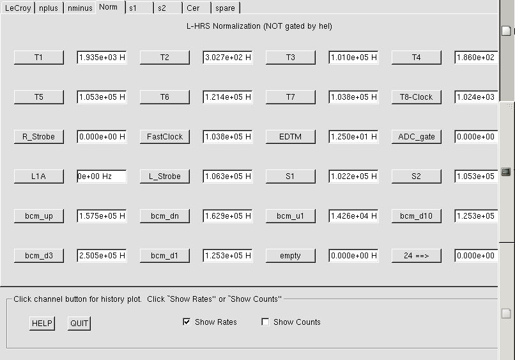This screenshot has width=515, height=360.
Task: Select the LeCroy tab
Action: pos(18,8)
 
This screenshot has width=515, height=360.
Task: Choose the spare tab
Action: pos(226,8)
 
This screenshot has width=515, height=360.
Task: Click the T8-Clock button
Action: pos(416,97)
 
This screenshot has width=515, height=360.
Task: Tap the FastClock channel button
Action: pos(165,136)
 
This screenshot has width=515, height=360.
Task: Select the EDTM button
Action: pos(290,136)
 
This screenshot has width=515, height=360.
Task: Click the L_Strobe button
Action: pos(165,176)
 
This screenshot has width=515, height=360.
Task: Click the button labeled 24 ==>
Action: pos(416,255)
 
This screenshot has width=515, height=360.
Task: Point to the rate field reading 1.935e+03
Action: pos(102,58)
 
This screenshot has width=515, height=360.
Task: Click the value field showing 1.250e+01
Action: pos(353,137)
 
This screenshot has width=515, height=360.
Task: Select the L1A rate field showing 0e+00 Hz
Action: pos(102,176)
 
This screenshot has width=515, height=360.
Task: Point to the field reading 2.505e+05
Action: pos(102,256)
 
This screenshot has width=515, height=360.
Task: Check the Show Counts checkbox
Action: pos(265,322)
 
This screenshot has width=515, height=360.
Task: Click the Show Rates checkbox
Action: pos(187,322)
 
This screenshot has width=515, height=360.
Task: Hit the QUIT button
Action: pos(79,324)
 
